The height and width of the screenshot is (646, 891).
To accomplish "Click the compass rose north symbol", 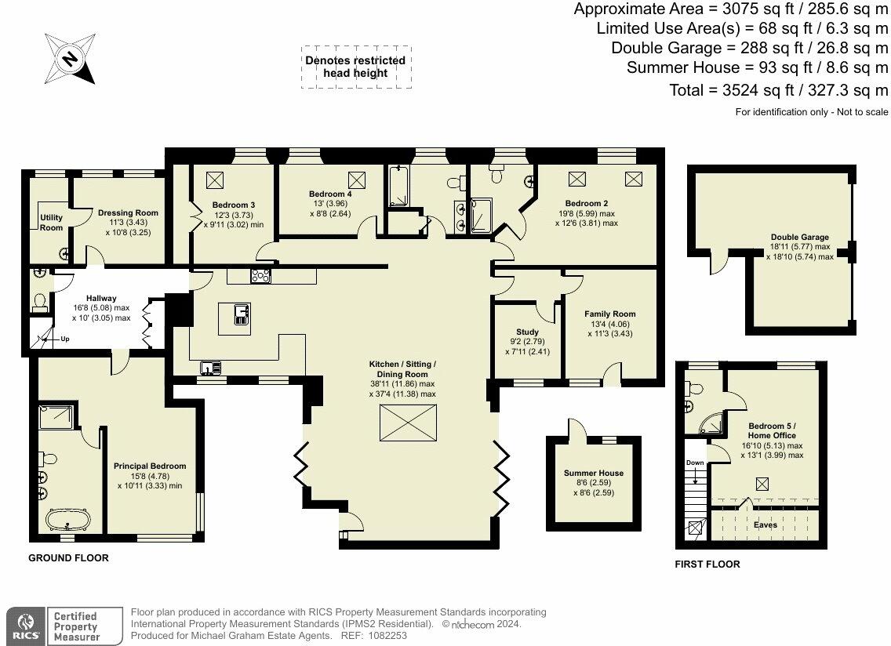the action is [x=71, y=59].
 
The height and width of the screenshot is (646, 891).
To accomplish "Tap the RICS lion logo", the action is [x=24, y=626].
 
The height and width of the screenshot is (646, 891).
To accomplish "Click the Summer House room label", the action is [x=594, y=473].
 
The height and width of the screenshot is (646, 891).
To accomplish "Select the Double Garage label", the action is [x=799, y=237].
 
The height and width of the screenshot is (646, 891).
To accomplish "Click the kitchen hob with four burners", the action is [x=260, y=275].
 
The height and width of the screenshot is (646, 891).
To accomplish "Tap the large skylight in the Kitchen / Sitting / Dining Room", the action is [x=408, y=423].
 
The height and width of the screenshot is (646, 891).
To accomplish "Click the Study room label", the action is [x=527, y=332].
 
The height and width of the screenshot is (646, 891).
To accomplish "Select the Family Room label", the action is [x=609, y=314].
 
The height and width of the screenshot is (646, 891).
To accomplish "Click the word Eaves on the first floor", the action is [x=766, y=525].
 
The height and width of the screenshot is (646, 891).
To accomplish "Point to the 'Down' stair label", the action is [x=695, y=463].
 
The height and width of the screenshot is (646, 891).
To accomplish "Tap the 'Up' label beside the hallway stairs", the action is [x=65, y=339].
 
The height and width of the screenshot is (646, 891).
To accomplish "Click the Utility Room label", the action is [x=51, y=222].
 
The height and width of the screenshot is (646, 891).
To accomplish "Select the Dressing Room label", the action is [x=128, y=212].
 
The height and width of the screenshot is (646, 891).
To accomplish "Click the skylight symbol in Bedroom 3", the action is [x=215, y=180].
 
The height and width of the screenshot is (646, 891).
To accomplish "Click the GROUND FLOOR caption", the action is [x=68, y=558].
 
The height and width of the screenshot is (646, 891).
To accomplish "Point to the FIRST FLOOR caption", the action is [x=707, y=564].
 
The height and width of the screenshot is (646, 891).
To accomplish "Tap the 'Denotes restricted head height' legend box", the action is [x=356, y=67].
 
